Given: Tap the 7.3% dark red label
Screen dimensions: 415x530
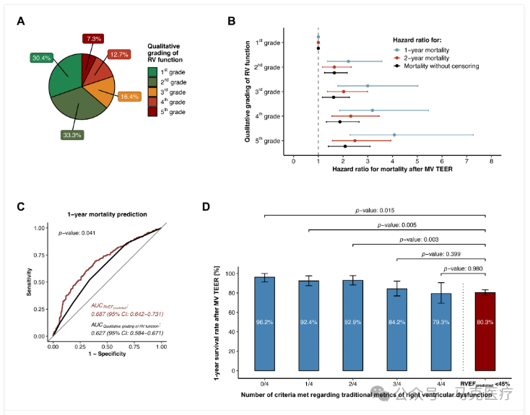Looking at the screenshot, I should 92,38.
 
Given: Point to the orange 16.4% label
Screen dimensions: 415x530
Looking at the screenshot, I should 130,96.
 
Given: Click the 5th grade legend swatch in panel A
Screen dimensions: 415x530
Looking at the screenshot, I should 152,112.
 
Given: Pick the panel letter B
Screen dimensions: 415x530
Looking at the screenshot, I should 231,21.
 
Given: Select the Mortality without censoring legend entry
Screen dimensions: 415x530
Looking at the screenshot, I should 433,66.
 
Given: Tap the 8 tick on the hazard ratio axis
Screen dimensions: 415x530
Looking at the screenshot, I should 491,161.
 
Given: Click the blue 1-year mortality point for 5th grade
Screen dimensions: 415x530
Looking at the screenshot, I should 394,135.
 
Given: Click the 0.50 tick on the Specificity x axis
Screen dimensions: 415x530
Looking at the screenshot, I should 107,347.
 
